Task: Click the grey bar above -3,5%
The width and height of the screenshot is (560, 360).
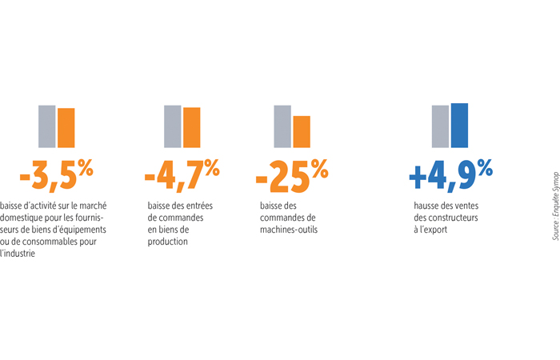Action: [47, 126]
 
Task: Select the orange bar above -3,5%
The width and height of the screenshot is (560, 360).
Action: [66, 128]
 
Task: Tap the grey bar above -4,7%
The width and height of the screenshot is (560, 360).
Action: [172, 126]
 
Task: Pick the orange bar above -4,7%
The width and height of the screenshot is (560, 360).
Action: [191, 127]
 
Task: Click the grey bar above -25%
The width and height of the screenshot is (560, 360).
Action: [282, 126]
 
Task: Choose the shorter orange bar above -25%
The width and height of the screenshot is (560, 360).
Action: [302, 132]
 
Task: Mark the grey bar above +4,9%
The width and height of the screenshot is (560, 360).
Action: [440, 126]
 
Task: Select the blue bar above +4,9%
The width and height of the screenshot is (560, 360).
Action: [459, 125]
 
